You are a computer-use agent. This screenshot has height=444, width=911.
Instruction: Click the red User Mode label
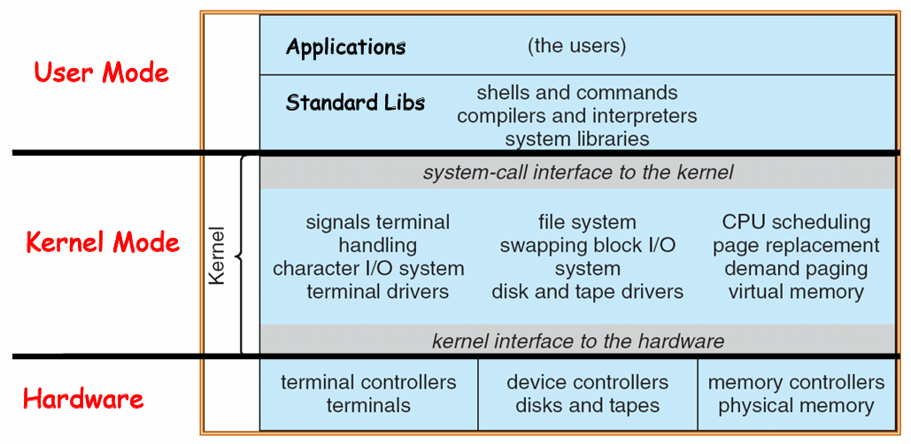pyautogui.click(x=101, y=73)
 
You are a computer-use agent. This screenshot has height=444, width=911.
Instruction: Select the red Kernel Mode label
pyautogui.click(x=103, y=242)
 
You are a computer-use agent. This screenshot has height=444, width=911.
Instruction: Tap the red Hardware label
pyautogui.click(x=83, y=399)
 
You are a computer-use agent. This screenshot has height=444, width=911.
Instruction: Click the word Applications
pyautogui.click(x=345, y=47)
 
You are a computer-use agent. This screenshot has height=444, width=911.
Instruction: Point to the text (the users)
pyautogui.click(x=576, y=46)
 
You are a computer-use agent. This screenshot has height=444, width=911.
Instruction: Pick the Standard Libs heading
pyautogui.click(x=355, y=103)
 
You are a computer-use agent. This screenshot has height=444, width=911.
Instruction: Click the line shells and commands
pyautogui.click(x=576, y=93)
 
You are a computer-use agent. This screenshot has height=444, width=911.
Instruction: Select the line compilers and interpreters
pyautogui.click(x=576, y=116)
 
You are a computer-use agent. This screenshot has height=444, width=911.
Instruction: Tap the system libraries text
pyautogui.click(x=576, y=139)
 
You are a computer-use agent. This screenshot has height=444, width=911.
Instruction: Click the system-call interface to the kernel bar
pyautogui.click(x=577, y=172)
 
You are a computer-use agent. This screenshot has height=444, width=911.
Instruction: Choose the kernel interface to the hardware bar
pyautogui.click(x=577, y=341)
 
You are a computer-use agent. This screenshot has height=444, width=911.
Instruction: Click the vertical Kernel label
pyautogui.click(x=217, y=256)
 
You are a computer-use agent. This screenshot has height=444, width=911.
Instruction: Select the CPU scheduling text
pyautogui.click(x=796, y=222)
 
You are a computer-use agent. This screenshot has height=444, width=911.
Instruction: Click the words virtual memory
pyautogui.click(x=796, y=291)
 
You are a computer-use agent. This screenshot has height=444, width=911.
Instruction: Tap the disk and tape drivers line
pyautogui.click(x=587, y=291)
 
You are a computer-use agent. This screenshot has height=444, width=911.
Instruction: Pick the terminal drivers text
pyautogui.click(x=378, y=291)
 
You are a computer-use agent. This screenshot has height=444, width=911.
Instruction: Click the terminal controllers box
pyautogui.click(x=368, y=394)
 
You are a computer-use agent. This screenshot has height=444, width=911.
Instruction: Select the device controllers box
pyautogui.click(x=587, y=394)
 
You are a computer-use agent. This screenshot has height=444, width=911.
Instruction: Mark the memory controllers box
pyautogui.click(x=796, y=394)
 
